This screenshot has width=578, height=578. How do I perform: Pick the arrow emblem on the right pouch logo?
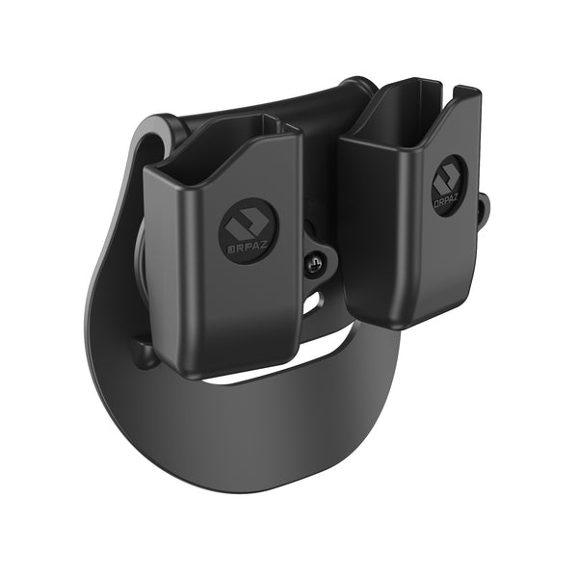(449, 180)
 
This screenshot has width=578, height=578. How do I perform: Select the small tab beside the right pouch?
(483, 203)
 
